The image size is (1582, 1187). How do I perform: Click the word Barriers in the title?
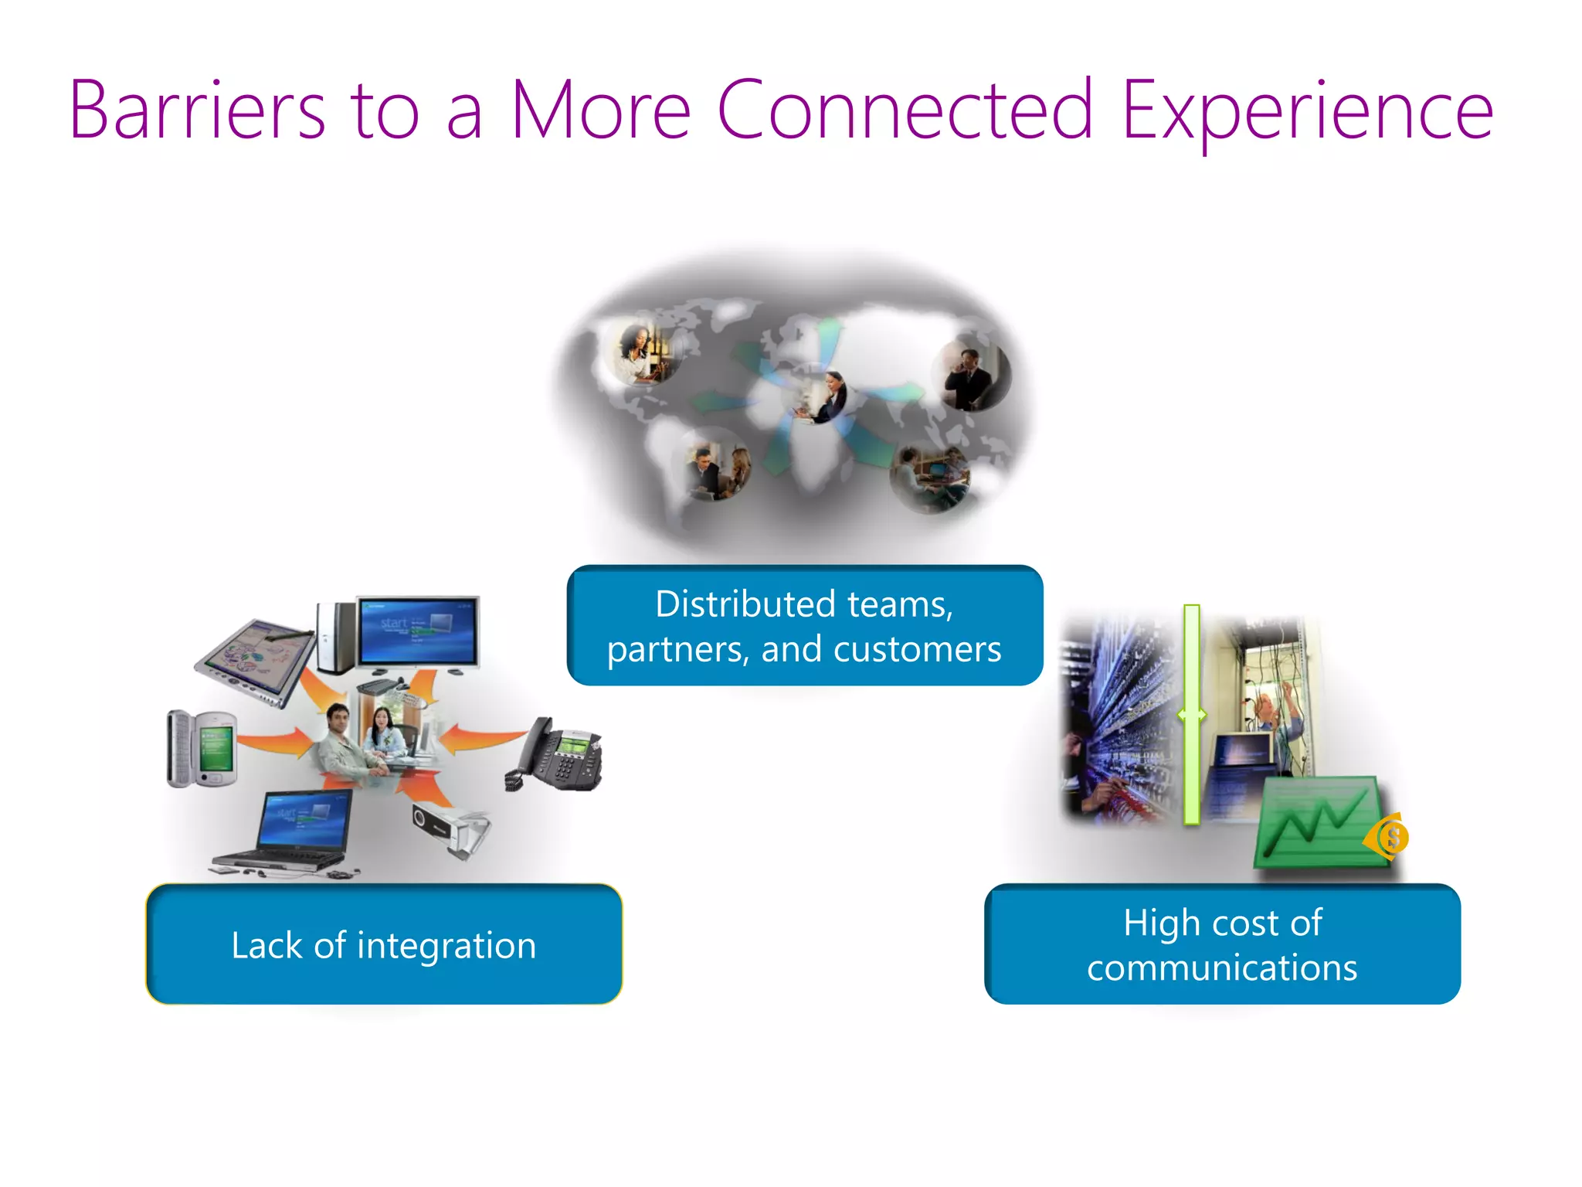pos(197,111)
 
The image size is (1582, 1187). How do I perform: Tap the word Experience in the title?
pos(1307,111)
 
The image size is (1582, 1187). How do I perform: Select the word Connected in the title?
pos(905,111)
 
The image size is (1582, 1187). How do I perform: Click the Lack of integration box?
pos(384,944)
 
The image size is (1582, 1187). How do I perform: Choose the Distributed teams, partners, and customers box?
pos(804,625)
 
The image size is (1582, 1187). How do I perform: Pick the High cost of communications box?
pos(1222,944)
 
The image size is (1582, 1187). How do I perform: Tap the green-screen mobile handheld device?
pos(202,748)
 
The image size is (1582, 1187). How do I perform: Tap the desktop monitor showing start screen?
pos(418,630)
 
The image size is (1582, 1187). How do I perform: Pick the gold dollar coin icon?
pos(1391,836)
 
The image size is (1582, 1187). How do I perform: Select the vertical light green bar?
pos(1192,715)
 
